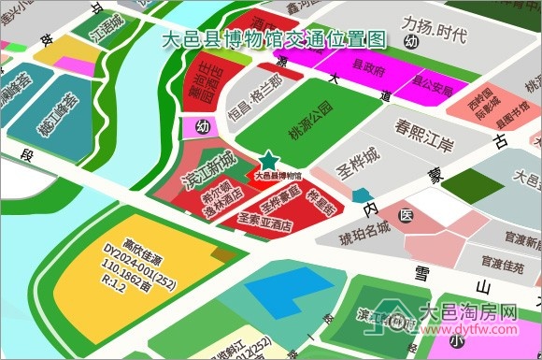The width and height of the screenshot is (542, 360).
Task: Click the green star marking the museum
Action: point(269,161)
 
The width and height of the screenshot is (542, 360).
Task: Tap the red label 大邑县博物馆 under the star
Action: point(278,175)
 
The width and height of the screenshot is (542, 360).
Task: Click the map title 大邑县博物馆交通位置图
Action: point(274,39)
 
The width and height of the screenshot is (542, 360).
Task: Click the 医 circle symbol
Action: point(405,215)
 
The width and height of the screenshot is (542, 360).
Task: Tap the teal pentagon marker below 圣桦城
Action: point(363,194)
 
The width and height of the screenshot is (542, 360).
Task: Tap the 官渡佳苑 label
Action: point(501,264)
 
